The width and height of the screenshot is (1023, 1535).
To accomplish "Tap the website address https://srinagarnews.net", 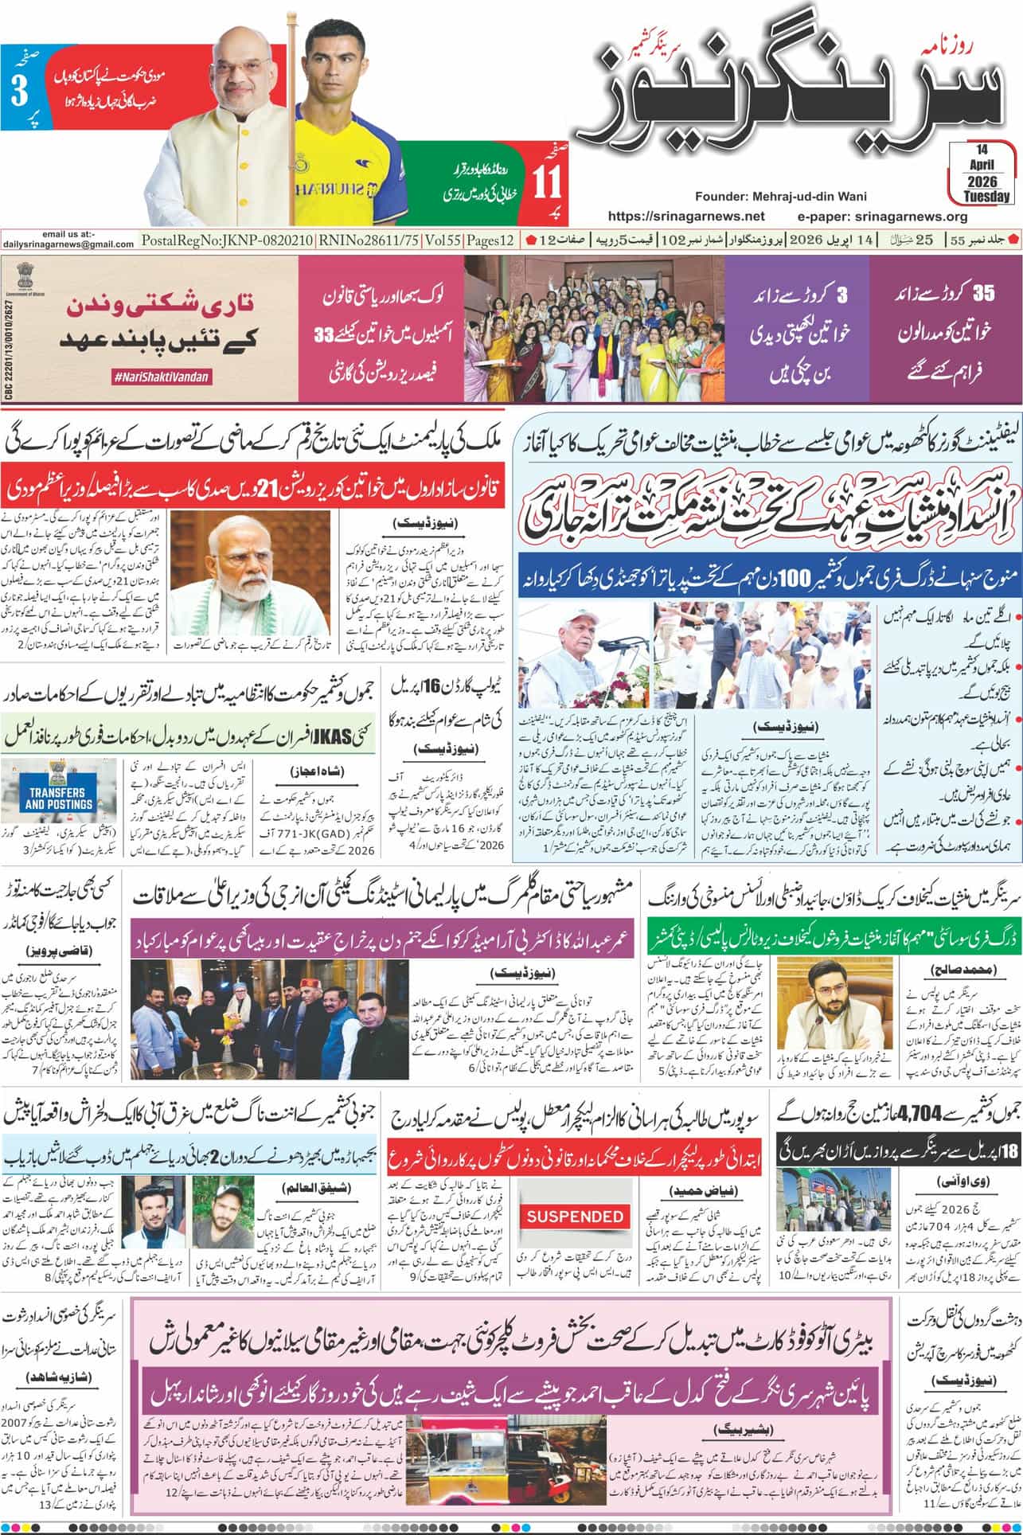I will tap(685, 216).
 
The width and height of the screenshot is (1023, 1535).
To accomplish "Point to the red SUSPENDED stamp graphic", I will tap(575, 1217).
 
